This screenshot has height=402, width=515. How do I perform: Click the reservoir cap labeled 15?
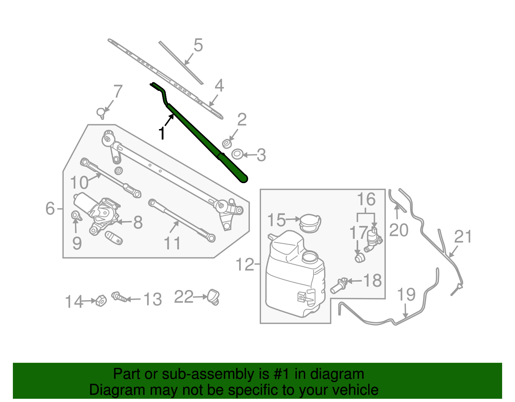(310, 223)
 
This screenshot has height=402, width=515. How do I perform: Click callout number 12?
(245, 265)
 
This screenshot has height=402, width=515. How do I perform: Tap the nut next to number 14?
(101, 300)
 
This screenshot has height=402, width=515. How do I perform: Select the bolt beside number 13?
(119, 296)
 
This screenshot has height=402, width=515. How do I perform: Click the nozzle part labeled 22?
(213, 296)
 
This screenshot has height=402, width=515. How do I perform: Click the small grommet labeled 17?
(360, 258)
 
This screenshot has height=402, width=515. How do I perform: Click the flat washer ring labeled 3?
(237, 154)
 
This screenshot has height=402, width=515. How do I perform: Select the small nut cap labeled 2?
(227, 144)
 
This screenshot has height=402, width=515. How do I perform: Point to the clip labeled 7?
(101, 113)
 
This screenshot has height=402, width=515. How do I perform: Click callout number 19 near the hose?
(406, 294)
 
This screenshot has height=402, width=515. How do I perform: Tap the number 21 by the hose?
(463, 237)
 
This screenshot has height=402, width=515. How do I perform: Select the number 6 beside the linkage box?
(50, 209)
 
